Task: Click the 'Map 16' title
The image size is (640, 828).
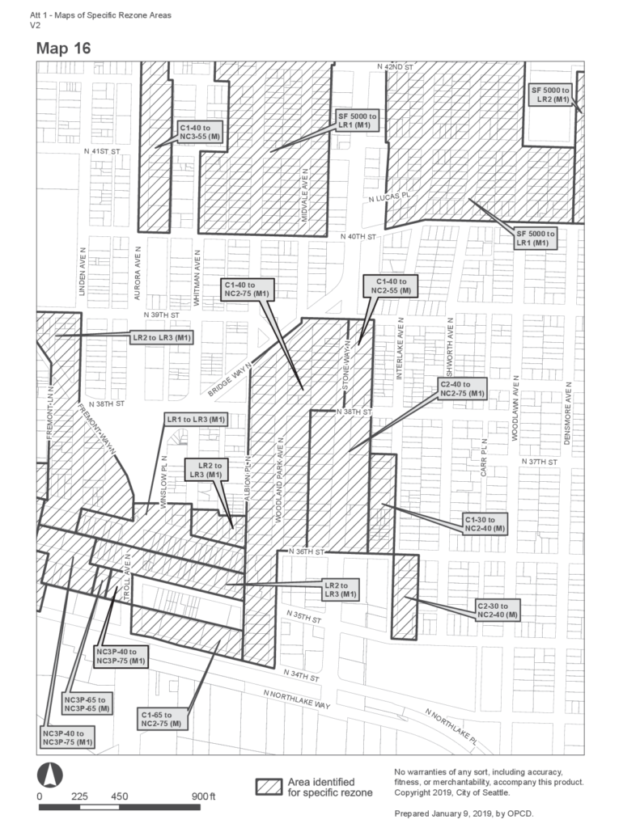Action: pyautogui.click(x=63, y=49)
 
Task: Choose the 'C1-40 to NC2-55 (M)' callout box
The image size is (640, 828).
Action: pyautogui.click(x=391, y=285)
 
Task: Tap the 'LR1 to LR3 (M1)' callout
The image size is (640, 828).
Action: pyautogui.click(x=196, y=420)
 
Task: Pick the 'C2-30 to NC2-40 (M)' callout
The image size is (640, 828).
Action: pyautogui.click(x=497, y=610)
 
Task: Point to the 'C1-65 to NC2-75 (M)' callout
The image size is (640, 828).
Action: pyautogui.click(x=162, y=720)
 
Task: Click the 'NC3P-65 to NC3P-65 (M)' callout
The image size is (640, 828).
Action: pyautogui.click(x=88, y=703)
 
